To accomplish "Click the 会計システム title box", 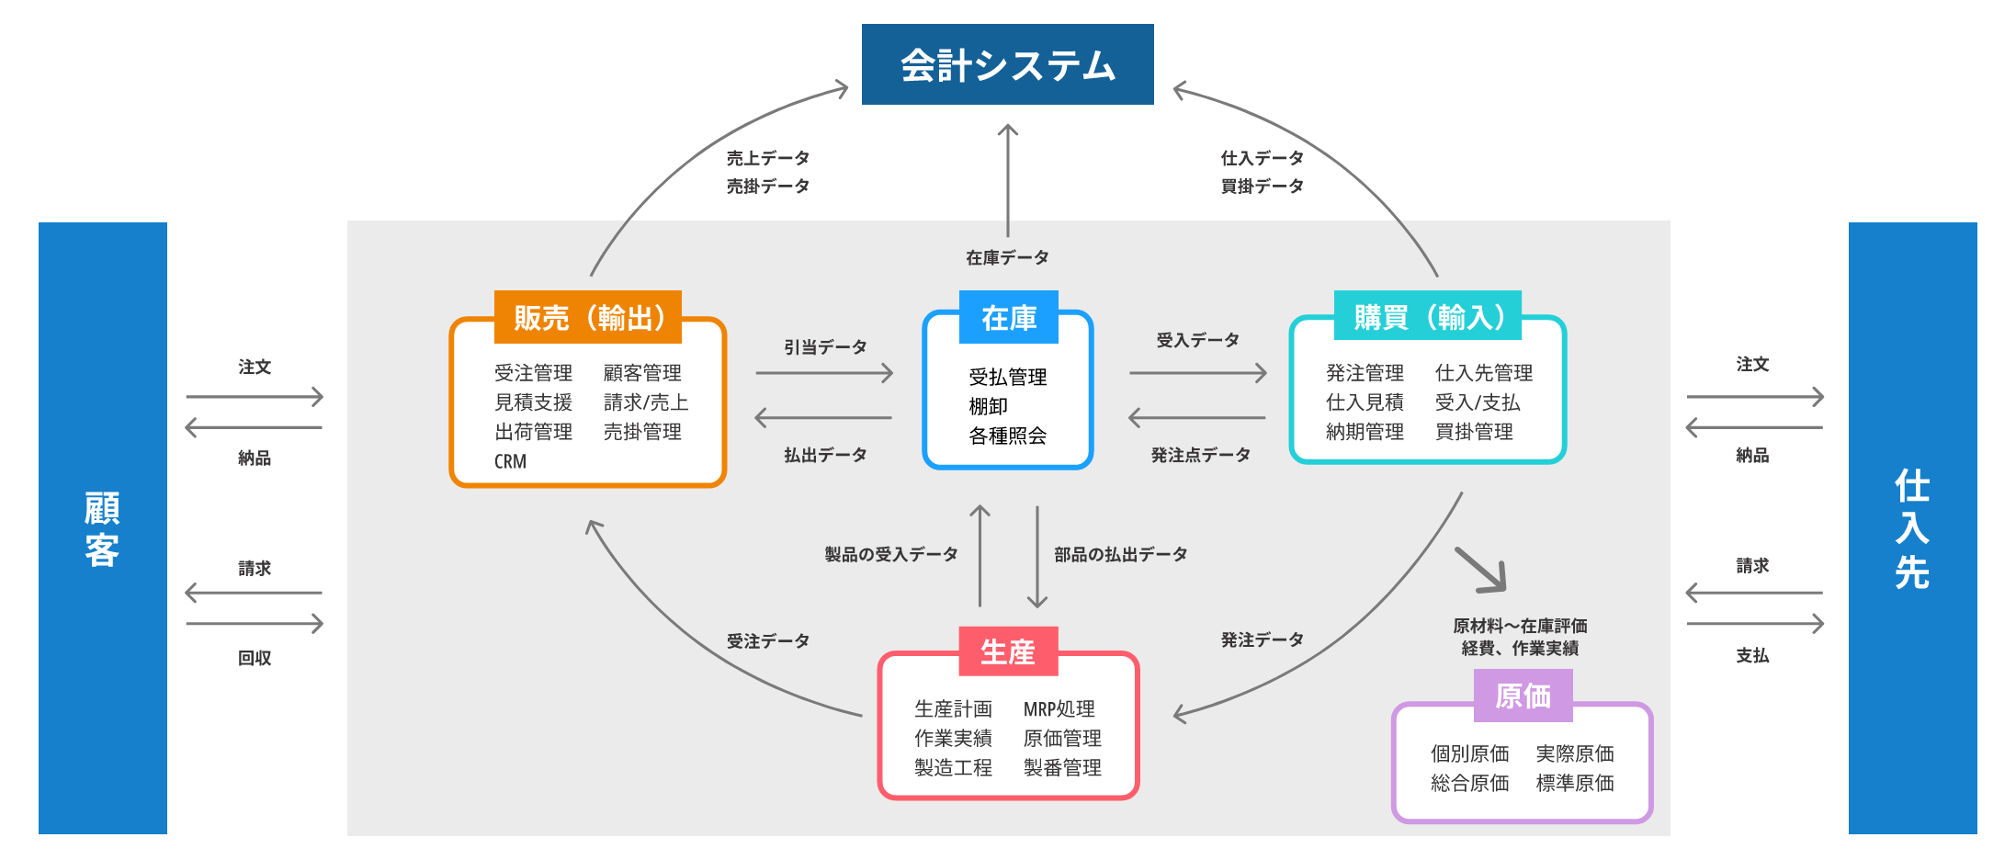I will click(x=1007, y=64).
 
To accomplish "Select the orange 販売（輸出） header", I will click(x=588, y=317).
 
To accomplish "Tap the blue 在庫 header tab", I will click(x=1008, y=317).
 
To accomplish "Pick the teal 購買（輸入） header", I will click(x=1428, y=316).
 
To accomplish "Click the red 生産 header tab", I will click(x=1008, y=651).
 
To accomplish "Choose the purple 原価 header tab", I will click(x=1523, y=696).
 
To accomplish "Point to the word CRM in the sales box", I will click(x=510, y=461).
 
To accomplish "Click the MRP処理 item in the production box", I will click(x=1059, y=709).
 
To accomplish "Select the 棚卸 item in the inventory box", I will click(x=988, y=406).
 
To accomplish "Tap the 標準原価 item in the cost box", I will click(x=1575, y=783).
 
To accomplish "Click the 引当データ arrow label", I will click(x=825, y=347).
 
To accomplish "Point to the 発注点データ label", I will click(x=1200, y=455).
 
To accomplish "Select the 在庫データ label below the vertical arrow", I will click(x=1007, y=258).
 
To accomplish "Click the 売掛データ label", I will click(x=767, y=187).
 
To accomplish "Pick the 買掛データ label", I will click(x=1262, y=187).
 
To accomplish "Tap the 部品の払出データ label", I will click(x=1120, y=554).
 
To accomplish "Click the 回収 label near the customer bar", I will click(x=255, y=658).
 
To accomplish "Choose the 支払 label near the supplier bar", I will click(x=1752, y=655).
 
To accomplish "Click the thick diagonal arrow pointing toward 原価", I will click(x=1480, y=570).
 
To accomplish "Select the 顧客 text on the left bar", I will click(x=102, y=528).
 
